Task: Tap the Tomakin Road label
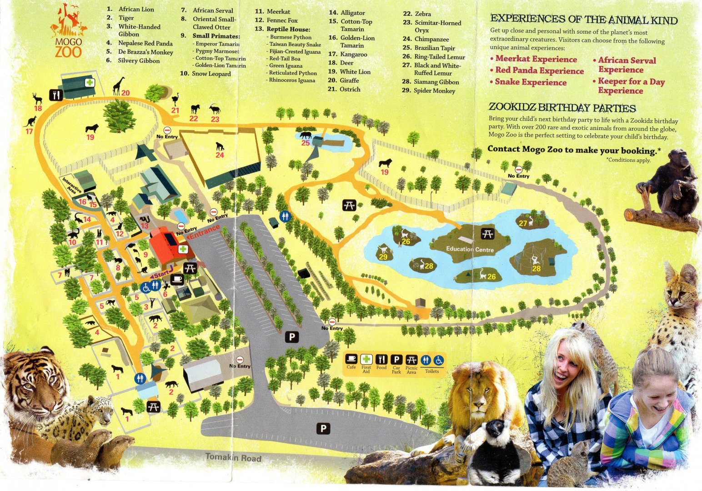coord(233,457)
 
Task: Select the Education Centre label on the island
coord(470,249)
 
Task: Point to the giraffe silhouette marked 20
coord(119,85)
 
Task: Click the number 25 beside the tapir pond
coord(306,143)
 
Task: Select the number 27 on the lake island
coord(523,223)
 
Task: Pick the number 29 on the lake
coord(383,257)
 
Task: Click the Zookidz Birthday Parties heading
coord(562,108)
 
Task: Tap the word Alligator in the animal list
coord(353,13)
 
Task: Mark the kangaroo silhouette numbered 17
coord(31,121)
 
